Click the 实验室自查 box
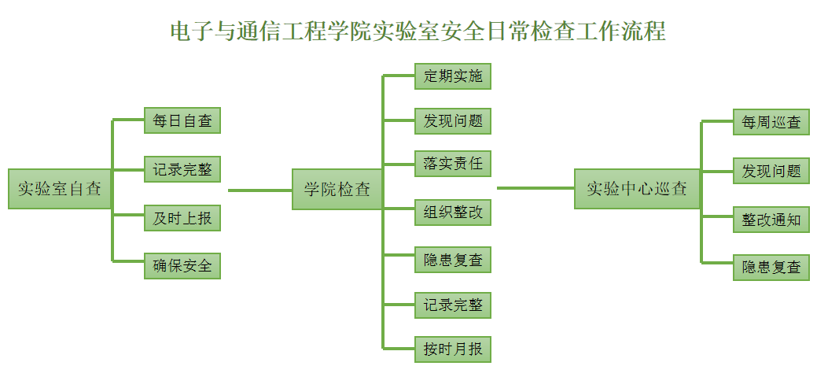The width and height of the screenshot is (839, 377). (60, 189)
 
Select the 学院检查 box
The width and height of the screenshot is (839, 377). (337, 189)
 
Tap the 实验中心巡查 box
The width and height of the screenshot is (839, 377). (636, 189)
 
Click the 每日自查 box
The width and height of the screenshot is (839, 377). (182, 121)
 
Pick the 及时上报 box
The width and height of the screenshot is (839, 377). (182, 218)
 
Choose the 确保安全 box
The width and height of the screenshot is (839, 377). (182, 266)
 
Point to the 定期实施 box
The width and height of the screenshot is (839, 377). (453, 76)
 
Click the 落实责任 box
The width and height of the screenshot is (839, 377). (453, 164)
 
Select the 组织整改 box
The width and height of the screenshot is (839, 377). (453, 213)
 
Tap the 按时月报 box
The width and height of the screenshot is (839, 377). (453, 349)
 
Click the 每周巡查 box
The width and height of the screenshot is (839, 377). (771, 123)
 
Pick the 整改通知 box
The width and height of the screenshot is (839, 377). (771, 220)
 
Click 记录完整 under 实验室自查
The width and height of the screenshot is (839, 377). (182, 169)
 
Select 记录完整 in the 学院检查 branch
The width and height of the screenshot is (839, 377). (453, 305)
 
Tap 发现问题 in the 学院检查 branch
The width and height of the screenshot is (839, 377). (453, 121)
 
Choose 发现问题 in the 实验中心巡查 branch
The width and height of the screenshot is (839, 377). (771, 171)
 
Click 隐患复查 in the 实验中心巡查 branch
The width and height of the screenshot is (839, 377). (771, 268)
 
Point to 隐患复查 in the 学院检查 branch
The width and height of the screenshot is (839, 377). (453, 260)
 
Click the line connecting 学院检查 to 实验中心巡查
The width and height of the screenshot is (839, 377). (535, 188)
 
